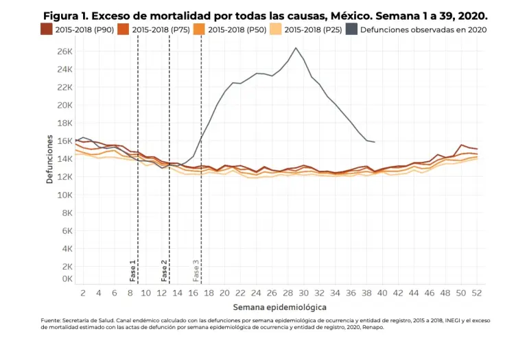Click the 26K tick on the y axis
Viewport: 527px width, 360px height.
64,51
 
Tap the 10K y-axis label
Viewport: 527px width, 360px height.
64,195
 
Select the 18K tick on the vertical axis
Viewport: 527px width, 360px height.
64,123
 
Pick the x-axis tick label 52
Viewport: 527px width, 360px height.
476,293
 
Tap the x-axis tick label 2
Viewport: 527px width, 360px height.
82,293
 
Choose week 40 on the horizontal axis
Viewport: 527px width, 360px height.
383,293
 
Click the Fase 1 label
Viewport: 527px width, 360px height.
132,271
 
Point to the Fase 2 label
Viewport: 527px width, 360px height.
164,271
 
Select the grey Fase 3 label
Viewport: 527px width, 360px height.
196,271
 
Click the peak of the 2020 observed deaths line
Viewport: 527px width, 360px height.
296,48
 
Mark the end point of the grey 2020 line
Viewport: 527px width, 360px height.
375,142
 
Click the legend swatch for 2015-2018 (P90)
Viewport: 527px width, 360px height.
46,29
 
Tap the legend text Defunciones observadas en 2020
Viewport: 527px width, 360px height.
423,29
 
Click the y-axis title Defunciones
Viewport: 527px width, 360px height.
49,158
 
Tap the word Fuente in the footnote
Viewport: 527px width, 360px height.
51,320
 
